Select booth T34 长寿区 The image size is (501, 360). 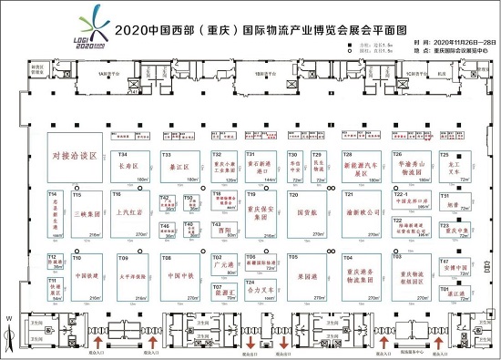(x=129, y=168)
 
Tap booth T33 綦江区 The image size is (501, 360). (x=182, y=168)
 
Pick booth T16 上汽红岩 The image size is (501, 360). (x=131, y=214)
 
